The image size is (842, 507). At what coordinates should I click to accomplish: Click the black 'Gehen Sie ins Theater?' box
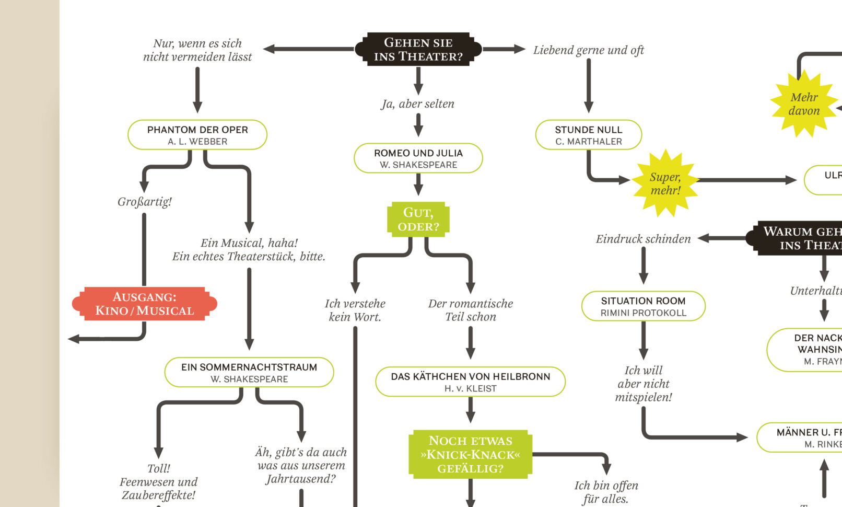coord(418,49)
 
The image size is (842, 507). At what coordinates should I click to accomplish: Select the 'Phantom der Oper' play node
coord(197,134)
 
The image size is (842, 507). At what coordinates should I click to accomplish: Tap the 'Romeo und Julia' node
coord(418,158)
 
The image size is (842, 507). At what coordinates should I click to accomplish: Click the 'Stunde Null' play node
coord(588,135)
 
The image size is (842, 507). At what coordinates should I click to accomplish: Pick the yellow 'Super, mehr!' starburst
coord(665,183)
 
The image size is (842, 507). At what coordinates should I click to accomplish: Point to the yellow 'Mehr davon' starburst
coord(804,103)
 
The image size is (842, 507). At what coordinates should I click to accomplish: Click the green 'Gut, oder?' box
coord(418,219)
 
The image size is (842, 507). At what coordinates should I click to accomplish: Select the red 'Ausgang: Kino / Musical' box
coord(144,304)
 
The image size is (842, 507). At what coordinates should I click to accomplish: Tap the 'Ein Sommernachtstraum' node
coord(249,372)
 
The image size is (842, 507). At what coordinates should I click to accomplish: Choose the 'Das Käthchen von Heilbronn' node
coord(470,382)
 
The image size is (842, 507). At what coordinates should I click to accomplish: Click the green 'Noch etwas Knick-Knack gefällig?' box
coord(470,454)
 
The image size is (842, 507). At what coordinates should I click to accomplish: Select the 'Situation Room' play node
coord(643,306)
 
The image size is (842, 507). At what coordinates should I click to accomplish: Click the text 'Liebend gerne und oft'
coord(588,50)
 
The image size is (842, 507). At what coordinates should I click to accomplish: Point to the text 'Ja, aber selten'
coord(418,104)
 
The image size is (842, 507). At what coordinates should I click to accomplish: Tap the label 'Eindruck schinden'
coord(643,239)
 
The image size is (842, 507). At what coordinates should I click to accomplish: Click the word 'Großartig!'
coord(144,202)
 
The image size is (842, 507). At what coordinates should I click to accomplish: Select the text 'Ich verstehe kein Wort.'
coord(355,310)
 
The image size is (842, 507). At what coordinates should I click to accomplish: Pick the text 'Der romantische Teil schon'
coord(470,310)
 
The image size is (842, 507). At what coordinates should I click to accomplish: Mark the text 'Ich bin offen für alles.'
coord(606,492)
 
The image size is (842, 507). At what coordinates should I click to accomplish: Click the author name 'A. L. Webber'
coord(197,142)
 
